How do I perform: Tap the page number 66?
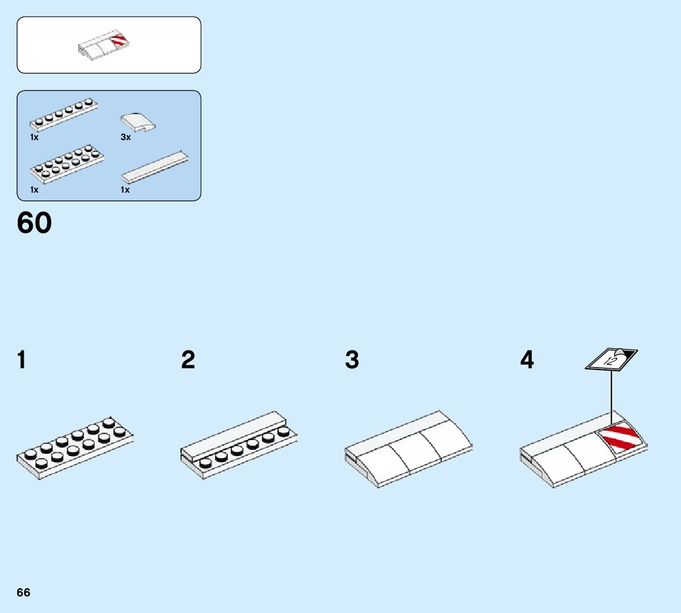point(24,593)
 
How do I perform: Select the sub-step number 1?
point(22,360)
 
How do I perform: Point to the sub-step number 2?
point(188,360)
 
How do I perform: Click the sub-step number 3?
point(352,360)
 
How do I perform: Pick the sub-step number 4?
point(527,360)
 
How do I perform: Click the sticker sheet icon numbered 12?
point(611,359)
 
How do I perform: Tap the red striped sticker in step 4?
point(621,439)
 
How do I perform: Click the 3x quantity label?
point(125,137)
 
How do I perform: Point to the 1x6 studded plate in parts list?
point(64,113)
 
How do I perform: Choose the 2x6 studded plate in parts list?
point(67,164)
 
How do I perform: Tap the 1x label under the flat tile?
point(125,190)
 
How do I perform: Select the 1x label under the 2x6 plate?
point(34,190)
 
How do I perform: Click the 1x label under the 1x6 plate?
point(34,137)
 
